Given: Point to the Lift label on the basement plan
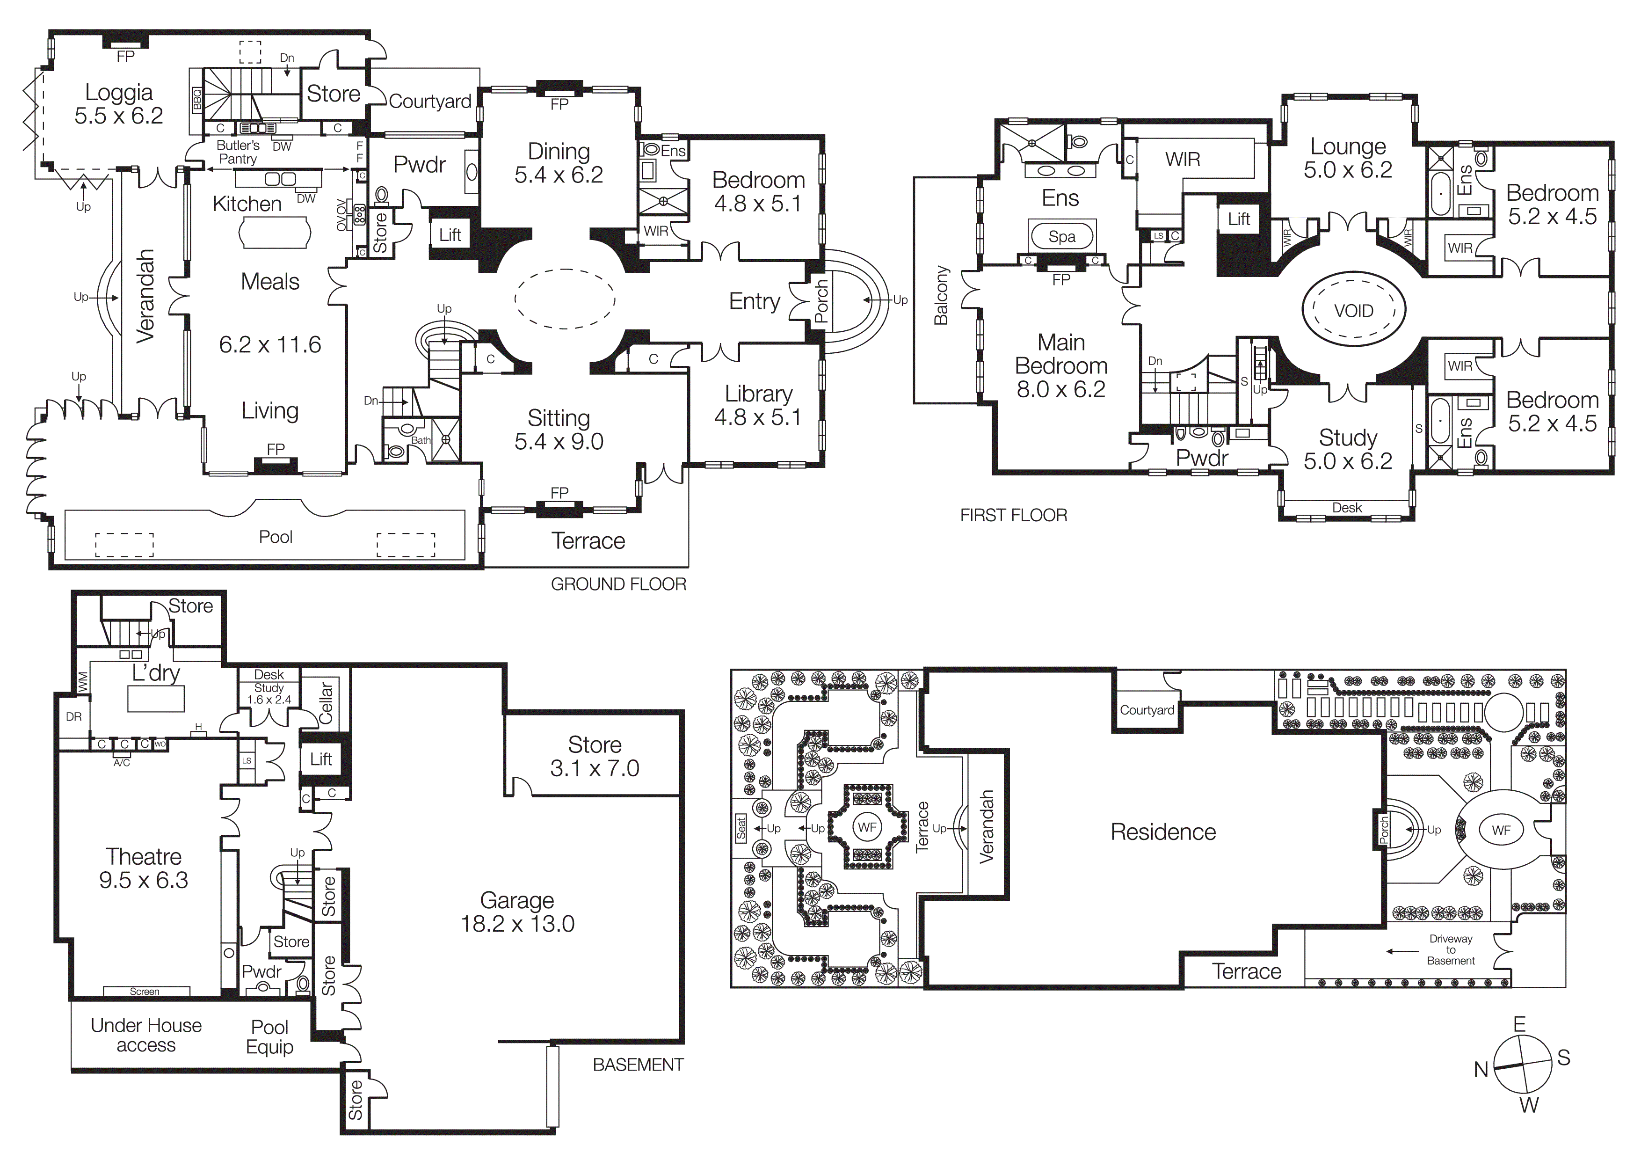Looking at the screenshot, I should pyautogui.click(x=321, y=759).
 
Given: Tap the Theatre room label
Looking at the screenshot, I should pyautogui.click(x=144, y=856).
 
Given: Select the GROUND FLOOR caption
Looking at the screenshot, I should pyautogui.click(x=618, y=584).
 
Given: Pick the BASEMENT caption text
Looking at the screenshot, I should pyautogui.click(x=638, y=1064).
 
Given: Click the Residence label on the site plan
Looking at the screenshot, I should pyautogui.click(x=1163, y=832).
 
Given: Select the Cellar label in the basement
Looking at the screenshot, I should pyautogui.click(x=326, y=702).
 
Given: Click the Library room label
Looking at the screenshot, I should pyautogui.click(x=758, y=394).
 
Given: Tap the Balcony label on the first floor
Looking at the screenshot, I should pyautogui.click(x=941, y=295).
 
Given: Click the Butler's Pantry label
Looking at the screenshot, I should pyautogui.click(x=238, y=152).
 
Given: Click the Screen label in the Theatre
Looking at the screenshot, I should pyautogui.click(x=145, y=992).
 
